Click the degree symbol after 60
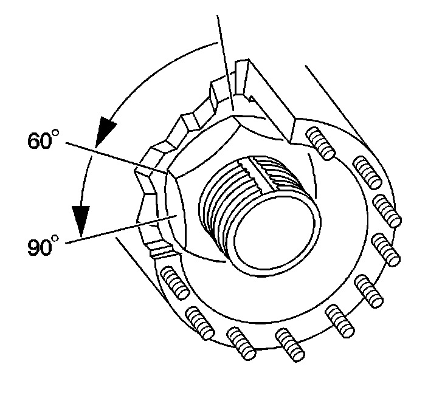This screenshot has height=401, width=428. (x=61, y=133)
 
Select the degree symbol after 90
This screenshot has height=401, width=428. (x=61, y=241)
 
